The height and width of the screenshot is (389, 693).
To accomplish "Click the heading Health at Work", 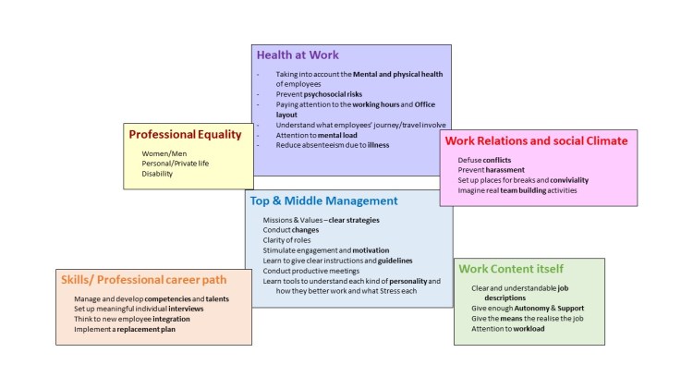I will point(299,55).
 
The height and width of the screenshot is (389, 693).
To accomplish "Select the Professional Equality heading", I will point(185,134).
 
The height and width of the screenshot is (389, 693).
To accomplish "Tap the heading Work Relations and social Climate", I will point(536,140).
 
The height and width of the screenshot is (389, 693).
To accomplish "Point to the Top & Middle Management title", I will point(323,201).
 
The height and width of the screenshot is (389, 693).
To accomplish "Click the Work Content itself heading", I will point(511,269).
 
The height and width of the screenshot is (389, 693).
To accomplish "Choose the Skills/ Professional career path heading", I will point(145,280).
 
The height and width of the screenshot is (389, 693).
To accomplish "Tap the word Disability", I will point(157,173).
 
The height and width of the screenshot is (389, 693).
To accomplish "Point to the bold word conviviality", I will point(557,180).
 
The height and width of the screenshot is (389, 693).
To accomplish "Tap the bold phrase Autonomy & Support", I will point(551,309).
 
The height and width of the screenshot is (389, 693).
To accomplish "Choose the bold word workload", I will point(525,328).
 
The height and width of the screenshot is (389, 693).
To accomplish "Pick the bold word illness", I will point(377,145).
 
